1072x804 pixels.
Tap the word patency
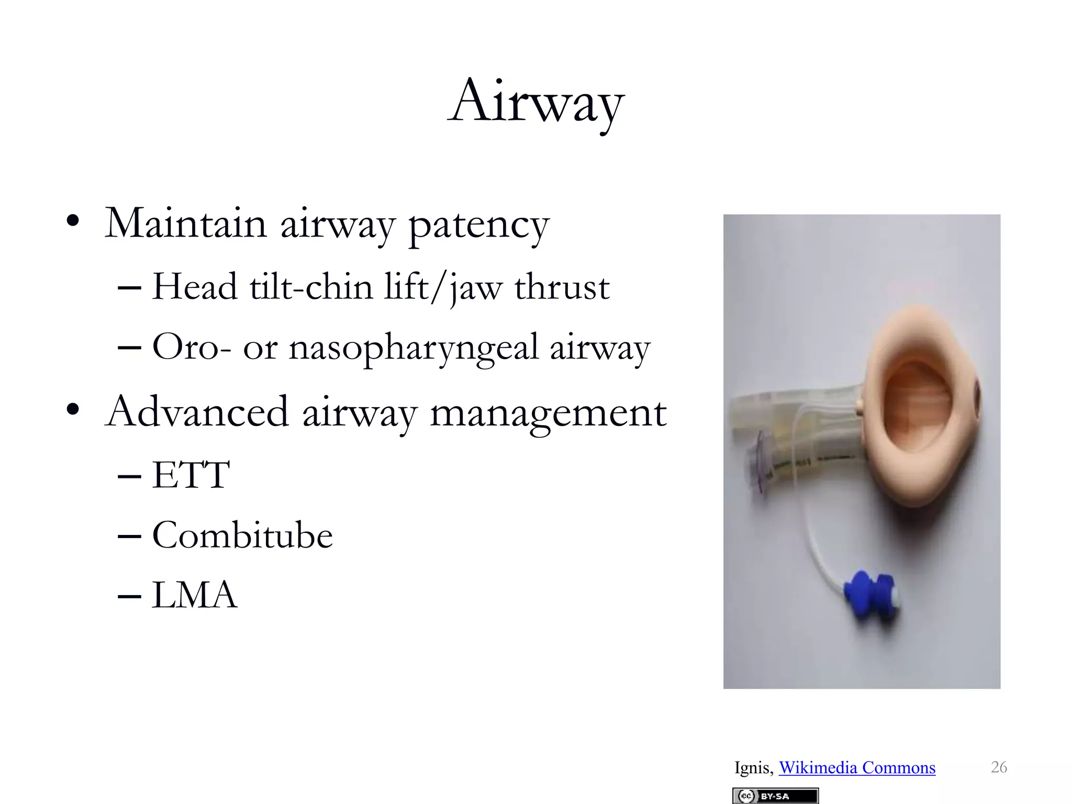pyautogui.click(x=478, y=225)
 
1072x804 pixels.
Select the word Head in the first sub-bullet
pyautogui.click(x=195, y=287)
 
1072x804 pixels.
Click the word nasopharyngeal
pyautogui.click(x=414, y=348)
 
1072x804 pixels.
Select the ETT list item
pyautogui.click(x=191, y=475)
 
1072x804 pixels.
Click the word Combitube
pyautogui.click(x=242, y=535)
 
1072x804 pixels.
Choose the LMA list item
pyautogui.click(x=194, y=595)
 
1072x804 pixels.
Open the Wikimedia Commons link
pyautogui.click(x=857, y=767)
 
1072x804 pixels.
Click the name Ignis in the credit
pyautogui.click(x=753, y=767)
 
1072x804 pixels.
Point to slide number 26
pyautogui.click(x=999, y=767)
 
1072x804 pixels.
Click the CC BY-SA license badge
pyautogui.click(x=775, y=796)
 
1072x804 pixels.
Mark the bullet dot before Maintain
pyautogui.click(x=73, y=221)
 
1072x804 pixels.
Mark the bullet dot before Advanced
pyautogui.click(x=73, y=409)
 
